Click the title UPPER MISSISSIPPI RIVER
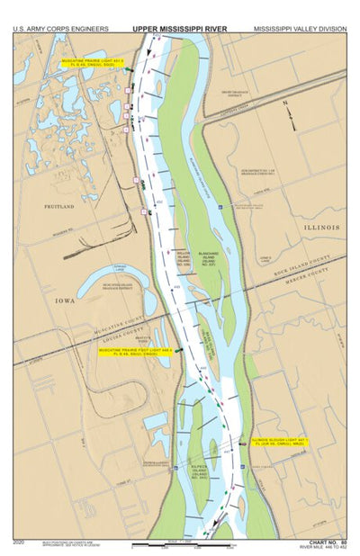[180, 29]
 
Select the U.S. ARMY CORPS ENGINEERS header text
[60, 29]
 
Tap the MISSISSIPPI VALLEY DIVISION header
[299, 29]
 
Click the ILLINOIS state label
[321, 228]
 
